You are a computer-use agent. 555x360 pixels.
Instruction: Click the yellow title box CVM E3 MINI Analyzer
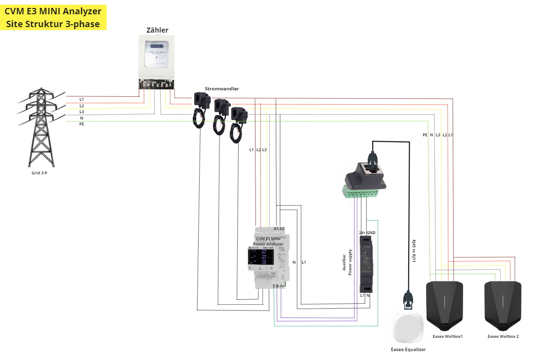[53, 17]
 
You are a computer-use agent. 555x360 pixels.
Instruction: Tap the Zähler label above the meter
[157, 30]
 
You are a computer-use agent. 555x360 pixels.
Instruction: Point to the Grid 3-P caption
[40, 173]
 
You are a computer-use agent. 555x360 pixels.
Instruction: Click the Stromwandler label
[222, 89]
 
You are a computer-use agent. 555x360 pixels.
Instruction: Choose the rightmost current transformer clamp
[240, 115]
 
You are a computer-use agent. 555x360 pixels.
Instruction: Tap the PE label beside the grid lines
[82, 124]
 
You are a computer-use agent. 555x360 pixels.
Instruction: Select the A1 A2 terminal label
[279, 229]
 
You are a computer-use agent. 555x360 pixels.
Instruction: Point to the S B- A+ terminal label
[279, 286]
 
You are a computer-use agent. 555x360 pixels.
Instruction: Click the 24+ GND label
[367, 232]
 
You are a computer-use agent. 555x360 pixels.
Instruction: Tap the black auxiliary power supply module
[366, 263]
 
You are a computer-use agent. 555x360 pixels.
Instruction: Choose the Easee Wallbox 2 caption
[503, 336]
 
